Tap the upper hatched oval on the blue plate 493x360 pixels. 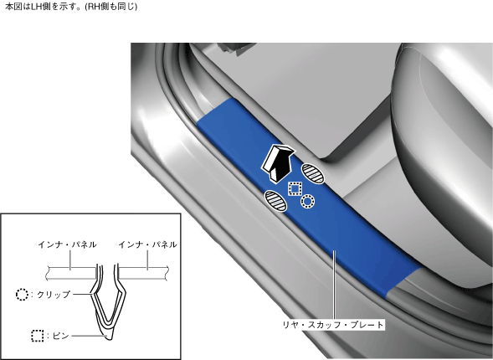(x=313, y=173)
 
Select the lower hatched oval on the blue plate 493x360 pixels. (x=275, y=201)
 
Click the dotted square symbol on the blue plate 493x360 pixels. (x=295, y=188)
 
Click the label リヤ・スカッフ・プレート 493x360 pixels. (x=333, y=325)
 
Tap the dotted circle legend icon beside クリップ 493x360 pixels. (x=22, y=295)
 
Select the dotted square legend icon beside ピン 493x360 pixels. (x=38, y=336)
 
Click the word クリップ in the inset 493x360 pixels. (x=54, y=295)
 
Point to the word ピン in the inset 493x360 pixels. (x=60, y=336)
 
